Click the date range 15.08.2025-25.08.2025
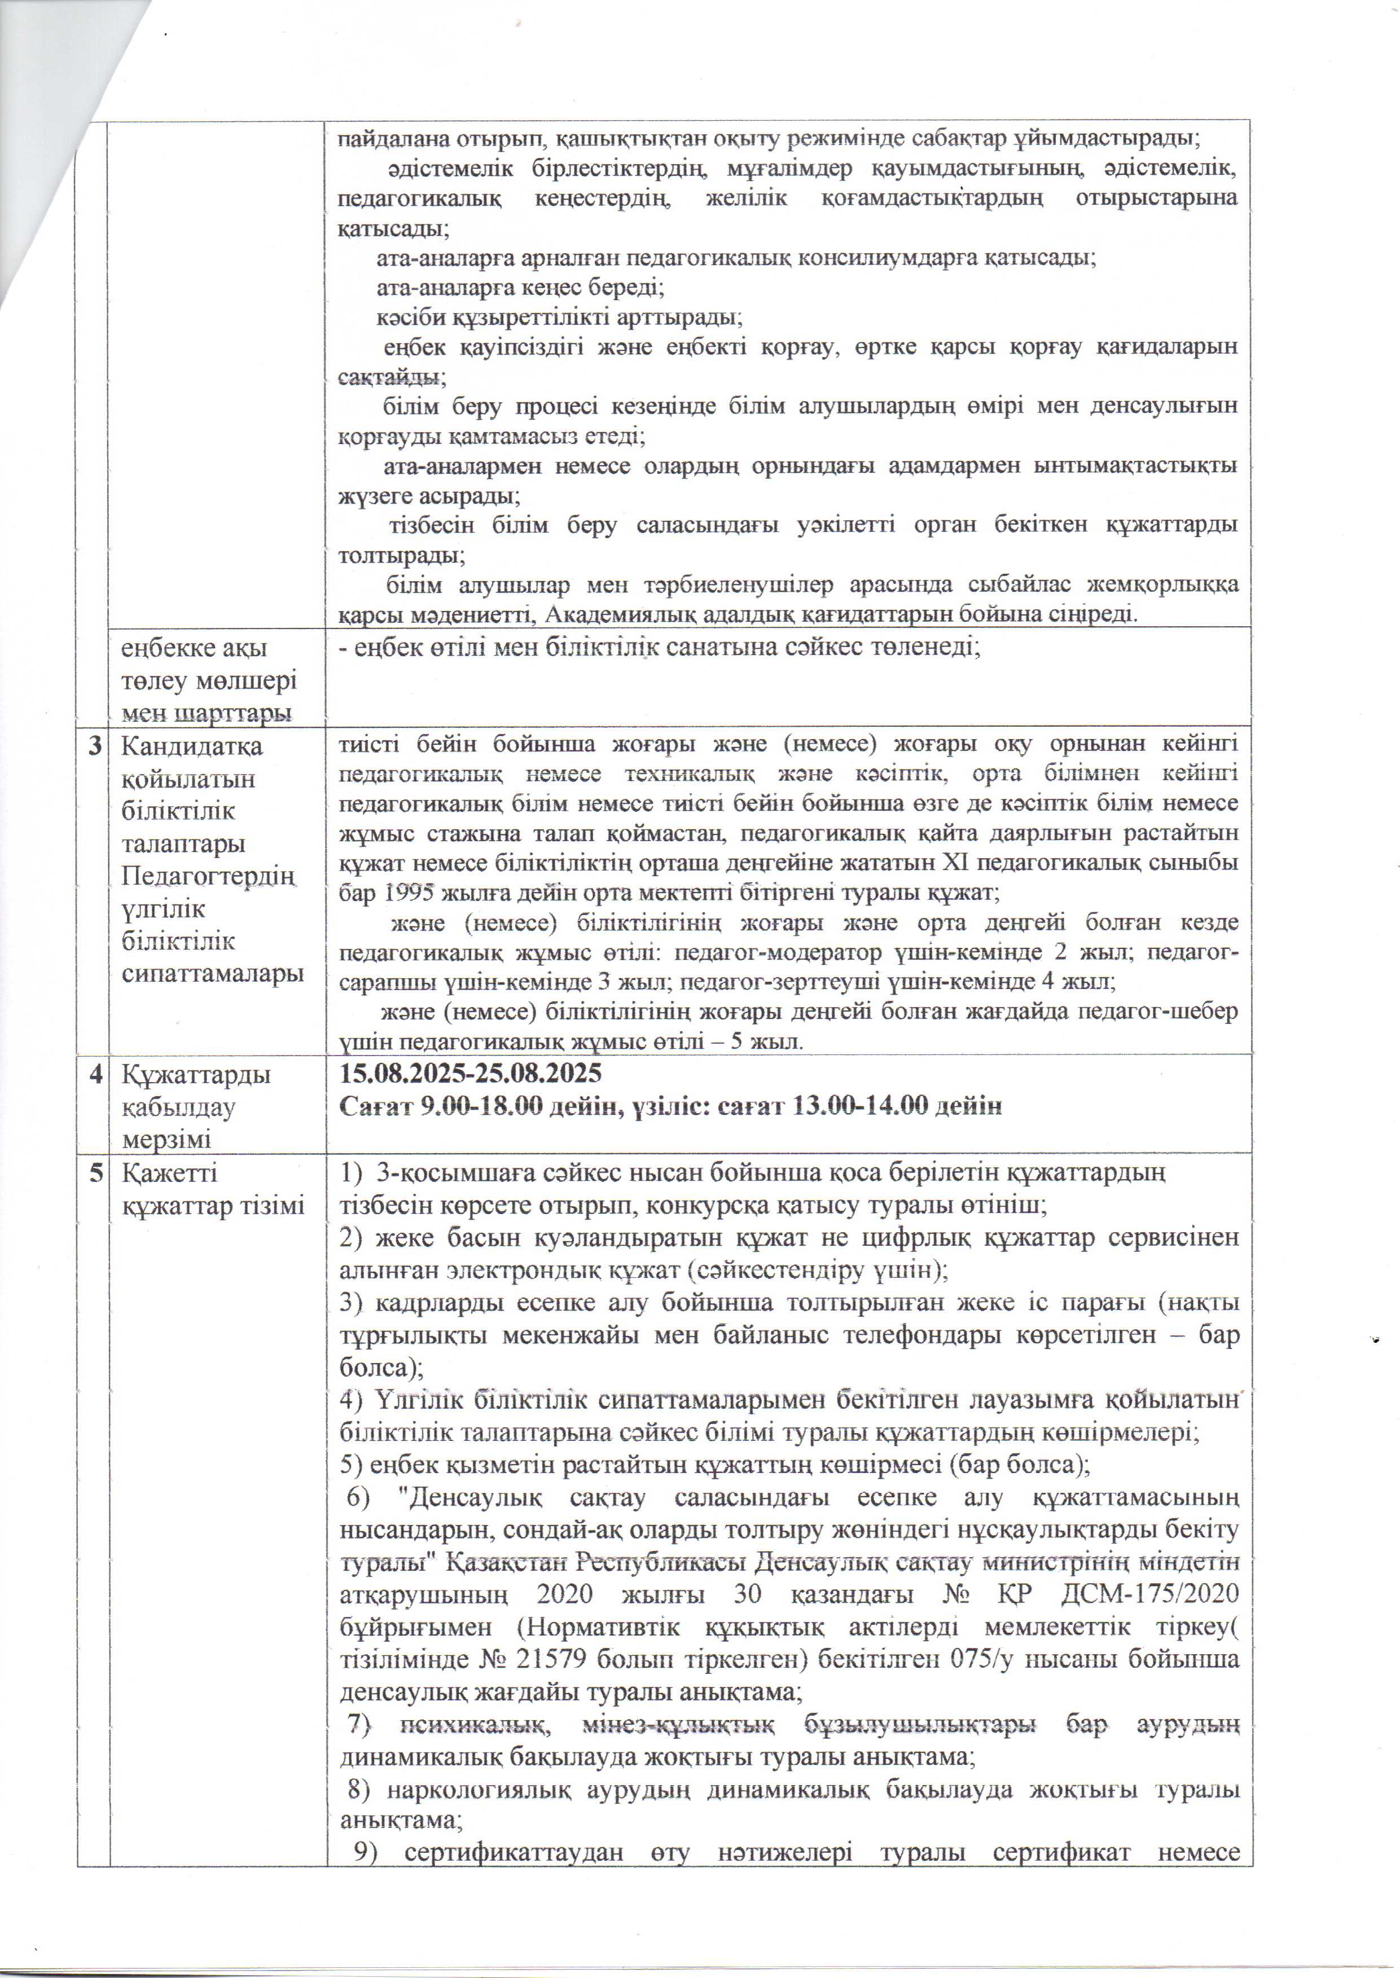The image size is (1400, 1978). coord(470,1074)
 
